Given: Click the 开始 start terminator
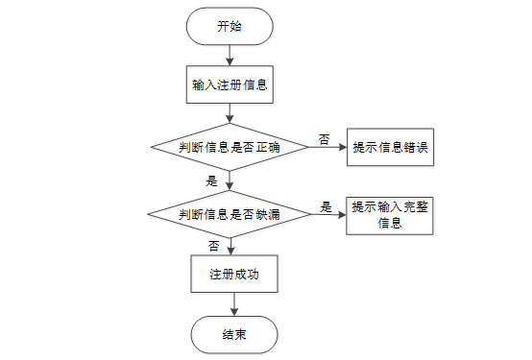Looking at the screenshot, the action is [230, 27].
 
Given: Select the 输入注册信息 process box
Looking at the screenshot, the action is [230, 84].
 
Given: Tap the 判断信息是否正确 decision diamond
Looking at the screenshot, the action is [230, 147].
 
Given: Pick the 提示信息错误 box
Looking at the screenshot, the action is [390, 147].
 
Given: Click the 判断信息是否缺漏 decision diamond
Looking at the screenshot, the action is [230, 214].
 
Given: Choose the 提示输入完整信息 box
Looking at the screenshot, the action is [390, 216].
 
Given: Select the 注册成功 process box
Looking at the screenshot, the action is [234, 274].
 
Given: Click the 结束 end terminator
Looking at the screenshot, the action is [234, 335].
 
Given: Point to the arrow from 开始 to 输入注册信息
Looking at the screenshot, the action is [230, 56].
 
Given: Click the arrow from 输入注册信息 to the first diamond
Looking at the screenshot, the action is [230, 113].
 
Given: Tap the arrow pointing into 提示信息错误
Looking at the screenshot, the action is [327, 147].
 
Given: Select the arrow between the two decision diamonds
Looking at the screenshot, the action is [230, 180].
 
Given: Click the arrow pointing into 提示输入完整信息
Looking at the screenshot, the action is [328, 214].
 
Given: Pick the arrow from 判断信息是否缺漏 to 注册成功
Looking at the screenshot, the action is [230, 247].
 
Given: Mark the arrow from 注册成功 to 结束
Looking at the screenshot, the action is [234, 304].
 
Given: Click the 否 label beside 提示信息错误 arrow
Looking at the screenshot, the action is [324, 139].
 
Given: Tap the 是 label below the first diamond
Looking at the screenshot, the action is [211, 180].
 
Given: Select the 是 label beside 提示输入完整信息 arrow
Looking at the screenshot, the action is [326, 207].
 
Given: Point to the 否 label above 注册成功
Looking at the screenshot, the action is [214, 246].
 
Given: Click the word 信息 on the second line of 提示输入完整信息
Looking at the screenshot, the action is [390, 223].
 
